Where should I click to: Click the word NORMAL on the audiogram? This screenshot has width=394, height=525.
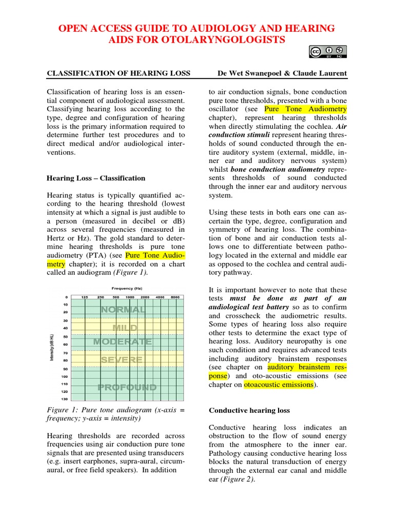tap(123, 310)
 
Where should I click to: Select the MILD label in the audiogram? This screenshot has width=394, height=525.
tap(125, 327)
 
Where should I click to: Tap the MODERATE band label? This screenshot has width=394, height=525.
tap(123, 341)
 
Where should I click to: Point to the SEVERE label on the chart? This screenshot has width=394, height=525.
tap(122, 360)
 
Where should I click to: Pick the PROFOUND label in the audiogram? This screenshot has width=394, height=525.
tap(127, 387)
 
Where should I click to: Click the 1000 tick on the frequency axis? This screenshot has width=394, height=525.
tap(130, 297)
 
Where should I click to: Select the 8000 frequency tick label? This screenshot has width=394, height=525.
tap(175, 297)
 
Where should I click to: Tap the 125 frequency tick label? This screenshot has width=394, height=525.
tap(85, 297)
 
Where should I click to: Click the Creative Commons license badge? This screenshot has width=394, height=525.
tap(328, 51)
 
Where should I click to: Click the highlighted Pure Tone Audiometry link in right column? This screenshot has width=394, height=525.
tap(305, 109)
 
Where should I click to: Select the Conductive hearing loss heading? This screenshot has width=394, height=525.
tap(249, 410)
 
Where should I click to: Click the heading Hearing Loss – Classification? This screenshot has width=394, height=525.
tap(96, 178)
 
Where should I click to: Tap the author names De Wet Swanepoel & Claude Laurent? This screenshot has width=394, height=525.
tap(283, 73)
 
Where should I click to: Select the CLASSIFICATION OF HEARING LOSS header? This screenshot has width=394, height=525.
tap(119, 73)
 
